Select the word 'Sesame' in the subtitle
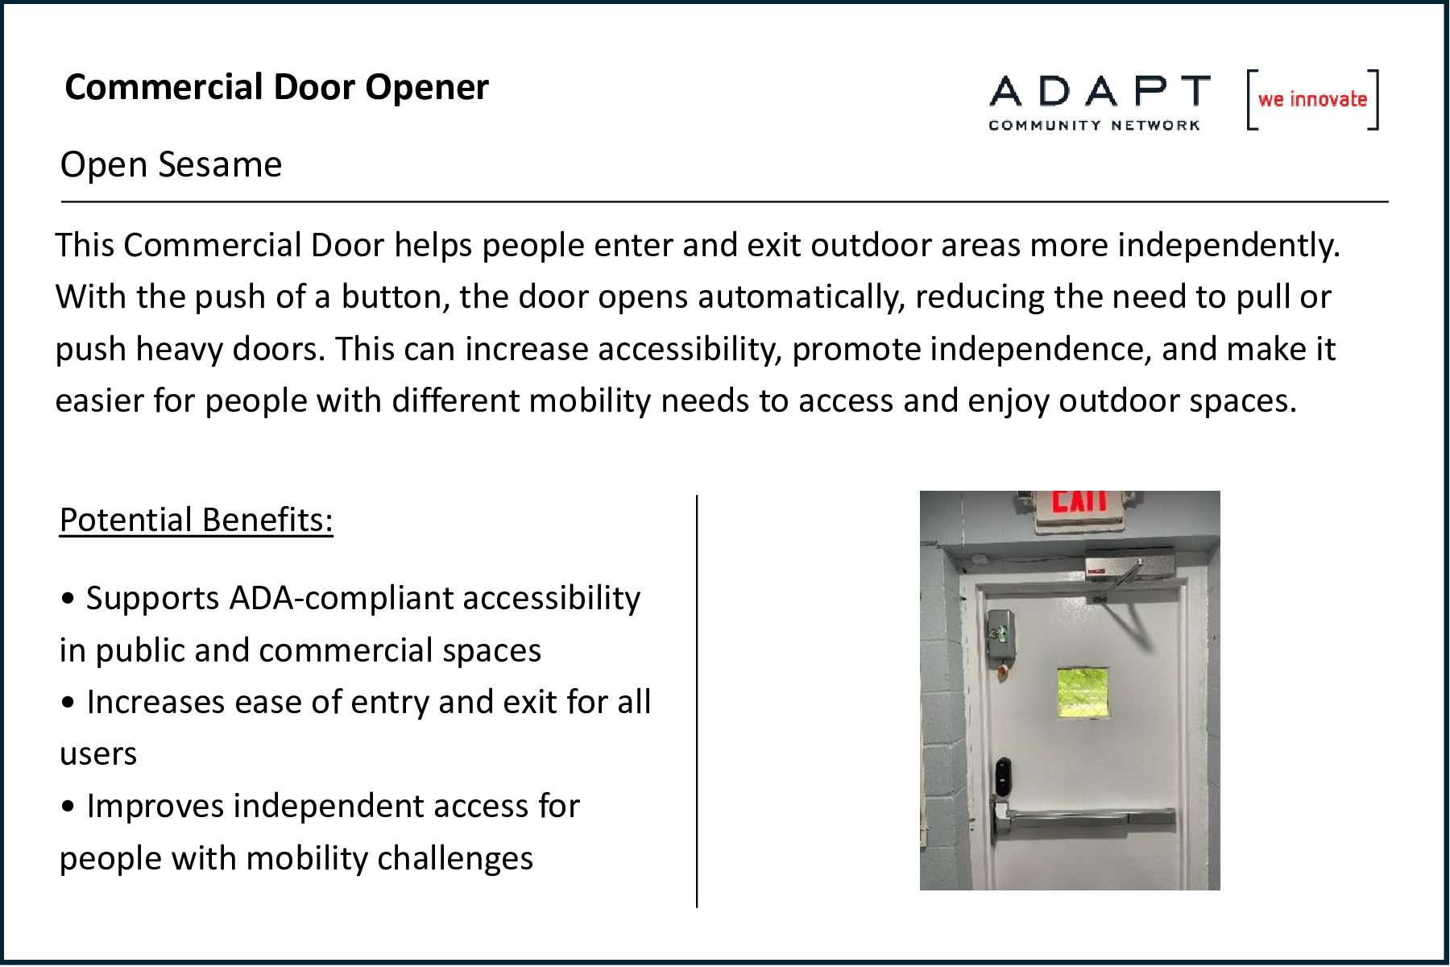220,164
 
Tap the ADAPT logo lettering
1100,91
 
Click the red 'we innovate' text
1313,99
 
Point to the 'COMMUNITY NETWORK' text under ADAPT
1095,125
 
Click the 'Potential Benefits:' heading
197,520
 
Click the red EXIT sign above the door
1079,501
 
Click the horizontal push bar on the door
1085,820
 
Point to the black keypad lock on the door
1002,775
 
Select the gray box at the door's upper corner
999,634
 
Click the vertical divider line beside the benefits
697,701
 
